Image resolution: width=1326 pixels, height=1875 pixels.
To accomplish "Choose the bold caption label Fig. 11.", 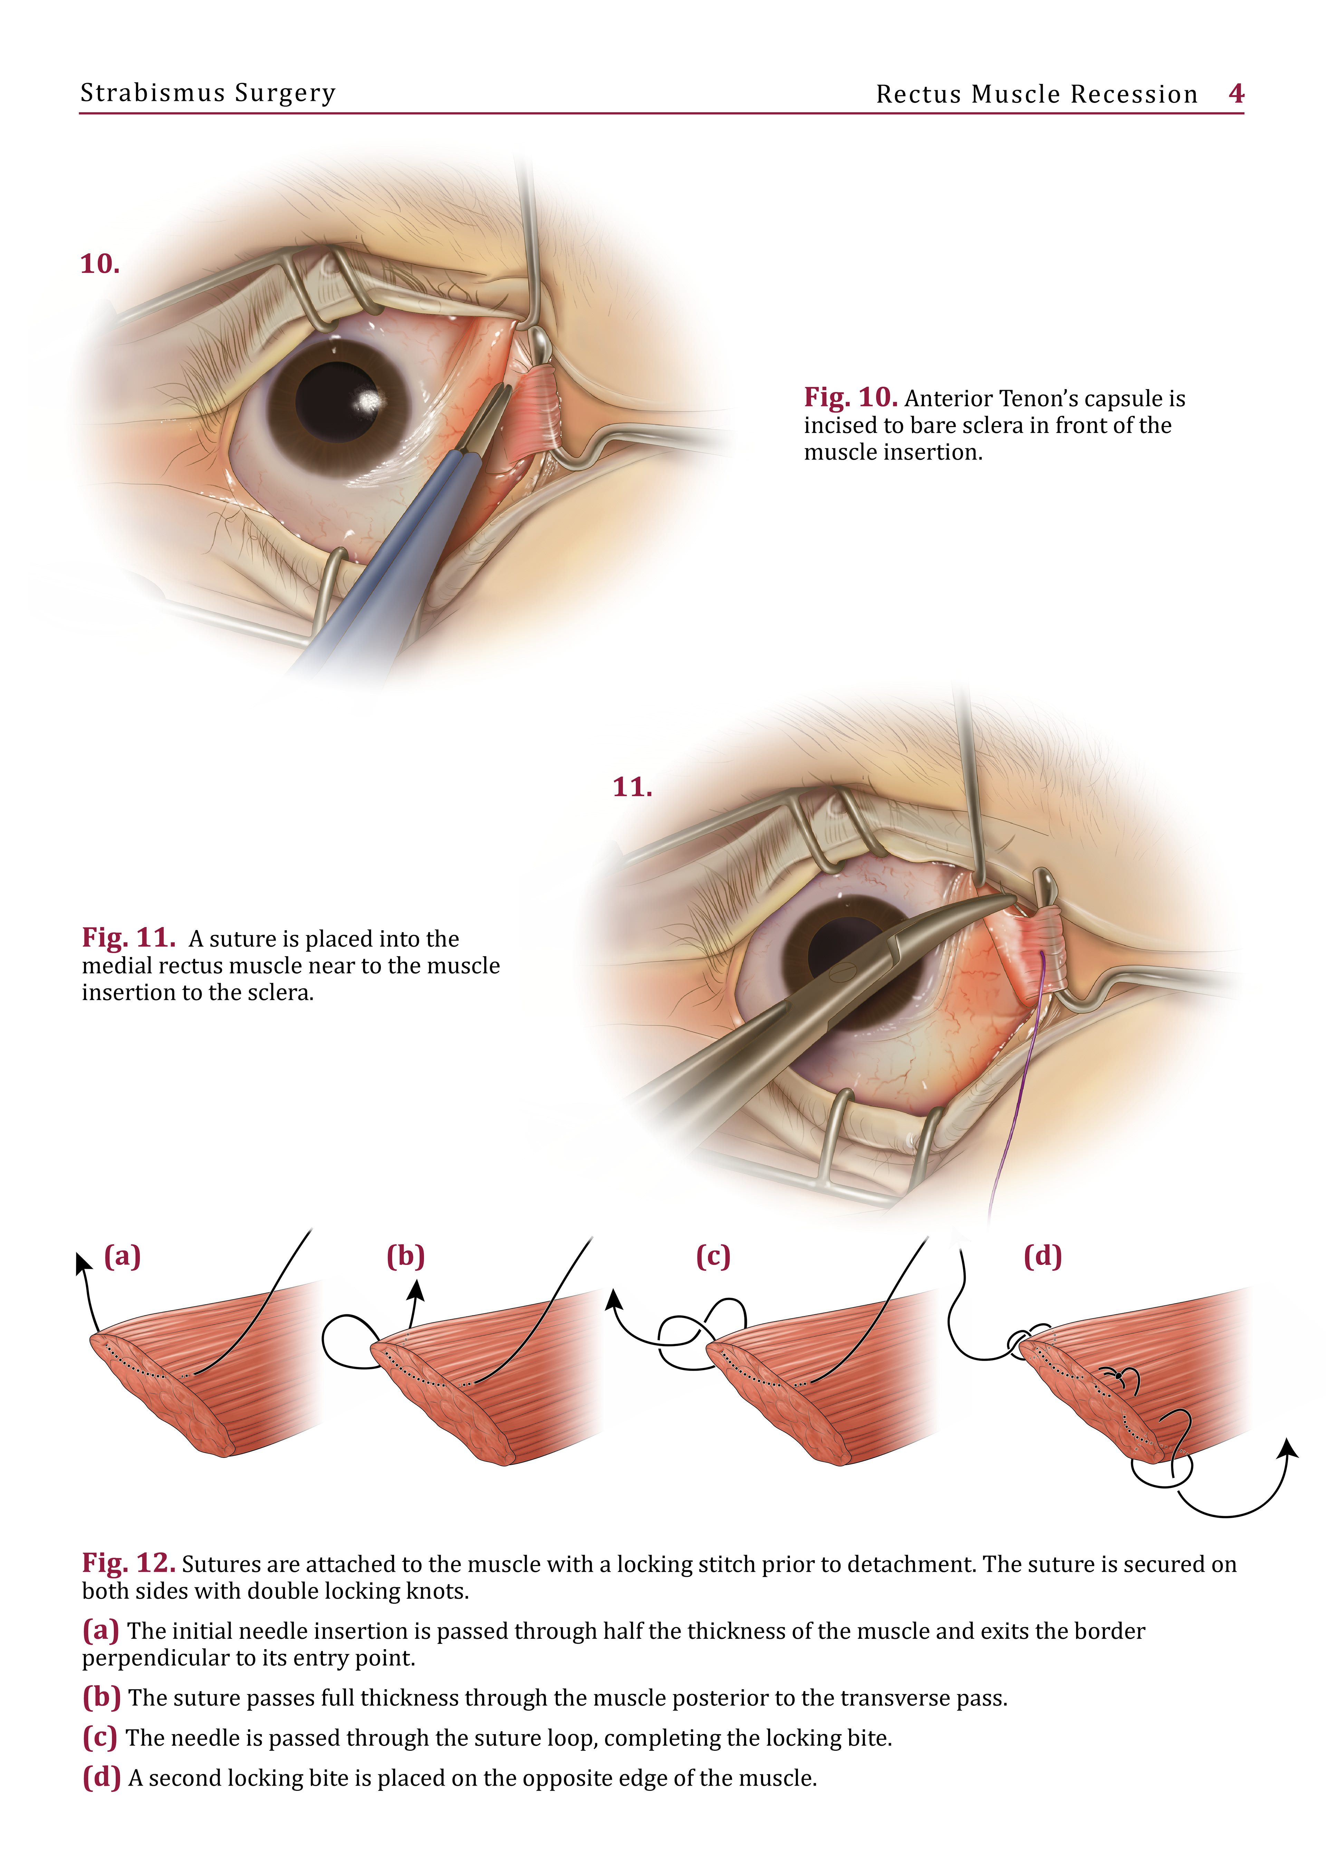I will pyautogui.click(x=128, y=938).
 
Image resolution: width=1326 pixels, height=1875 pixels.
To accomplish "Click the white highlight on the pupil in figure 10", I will pyautogui.click(x=369, y=400).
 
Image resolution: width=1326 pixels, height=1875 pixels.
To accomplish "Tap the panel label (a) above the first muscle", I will pyautogui.click(x=123, y=1256).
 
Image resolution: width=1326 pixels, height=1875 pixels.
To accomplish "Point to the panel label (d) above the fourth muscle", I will pyautogui.click(x=1042, y=1256).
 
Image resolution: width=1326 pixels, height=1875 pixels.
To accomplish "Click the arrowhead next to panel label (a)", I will pyautogui.click(x=82, y=1263).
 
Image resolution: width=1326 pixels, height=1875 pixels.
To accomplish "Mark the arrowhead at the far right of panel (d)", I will pyautogui.click(x=1289, y=1448).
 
